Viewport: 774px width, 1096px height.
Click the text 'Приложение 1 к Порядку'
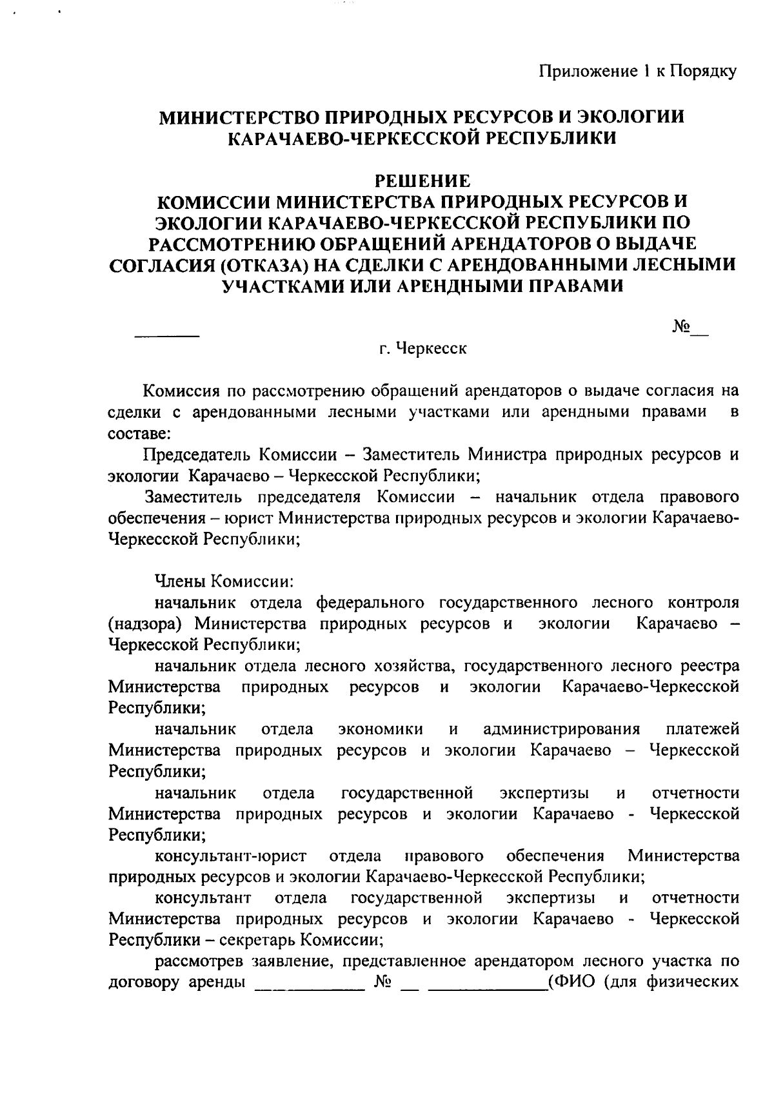coord(637,71)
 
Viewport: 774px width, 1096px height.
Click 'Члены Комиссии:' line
coord(223,581)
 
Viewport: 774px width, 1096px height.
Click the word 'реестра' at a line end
coord(709,665)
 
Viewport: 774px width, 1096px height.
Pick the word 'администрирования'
coord(561,729)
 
